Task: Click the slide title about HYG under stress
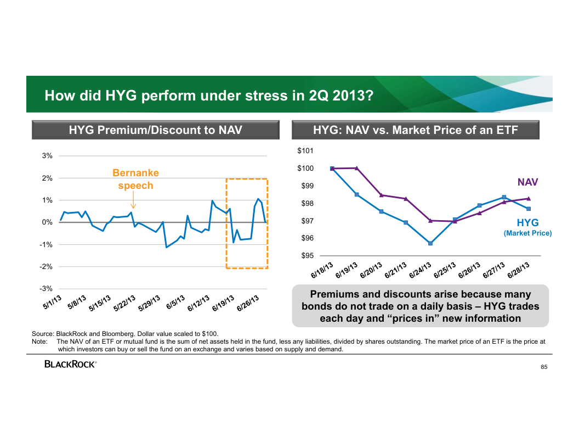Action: pyautogui.click(x=209, y=96)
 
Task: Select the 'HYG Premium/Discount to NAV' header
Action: pyautogui.click(x=155, y=130)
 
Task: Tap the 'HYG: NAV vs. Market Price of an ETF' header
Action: pyautogui.click(x=416, y=130)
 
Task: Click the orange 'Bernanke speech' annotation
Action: pyautogui.click(x=135, y=179)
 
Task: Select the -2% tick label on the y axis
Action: pyautogui.click(x=46, y=266)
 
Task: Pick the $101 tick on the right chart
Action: pyautogui.click(x=306, y=150)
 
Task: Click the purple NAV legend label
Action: pyautogui.click(x=528, y=182)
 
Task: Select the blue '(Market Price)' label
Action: pyautogui.click(x=527, y=233)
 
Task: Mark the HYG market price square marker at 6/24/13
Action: pyautogui.click(x=430, y=243)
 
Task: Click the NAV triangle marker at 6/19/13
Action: pyautogui.click(x=357, y=168)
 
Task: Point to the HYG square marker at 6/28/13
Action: pyautogui.click(x=528, y=209)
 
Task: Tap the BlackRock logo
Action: pyautogui.click(x=71, y=364)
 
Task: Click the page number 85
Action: pyautogui.click(x=544, y=367)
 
